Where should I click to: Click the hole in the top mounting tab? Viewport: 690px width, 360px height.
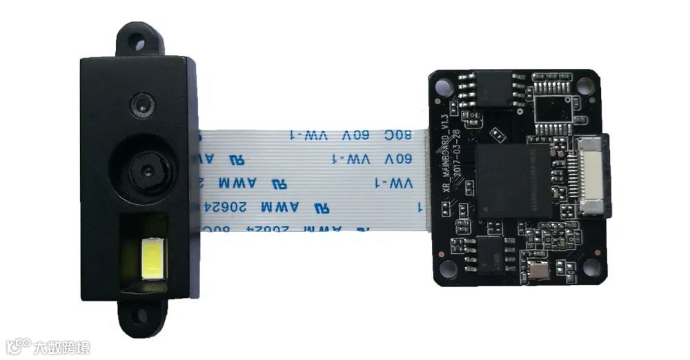pyautogui.click(x=140, y=43)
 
